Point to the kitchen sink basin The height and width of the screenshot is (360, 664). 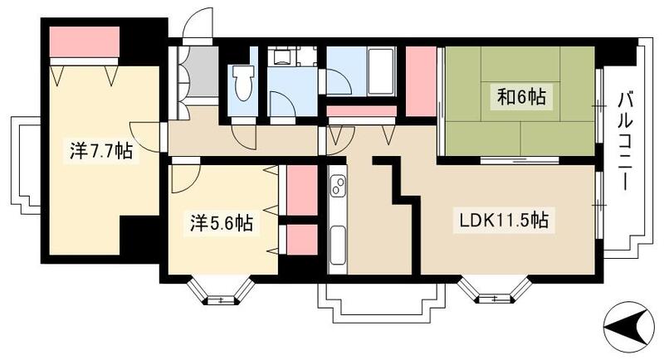coord(338,243)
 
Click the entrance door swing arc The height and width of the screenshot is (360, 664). coord(199,25)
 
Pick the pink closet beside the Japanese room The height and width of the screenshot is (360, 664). coord(421,81)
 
